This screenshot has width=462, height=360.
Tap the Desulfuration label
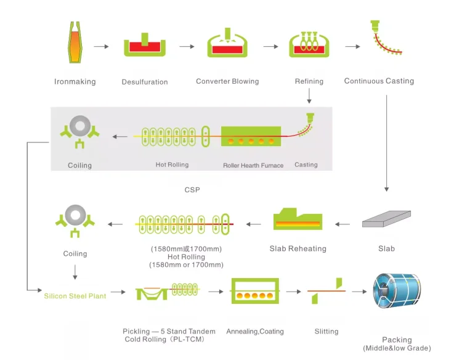coord(145,82)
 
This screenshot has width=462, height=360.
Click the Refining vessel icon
coord(309,44)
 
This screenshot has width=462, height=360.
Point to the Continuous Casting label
coord(379,81)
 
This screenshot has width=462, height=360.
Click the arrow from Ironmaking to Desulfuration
coord(102,47)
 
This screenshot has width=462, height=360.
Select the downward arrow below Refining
coord(309,96)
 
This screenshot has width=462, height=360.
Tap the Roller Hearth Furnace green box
coord(251,136)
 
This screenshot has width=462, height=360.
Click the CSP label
coord(192,190)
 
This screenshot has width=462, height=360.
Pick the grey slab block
coord(386,218)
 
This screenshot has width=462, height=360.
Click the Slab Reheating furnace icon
coord(298,219)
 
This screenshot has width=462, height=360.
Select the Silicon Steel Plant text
coord(75,296)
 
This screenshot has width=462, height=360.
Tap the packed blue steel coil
coord(397,291)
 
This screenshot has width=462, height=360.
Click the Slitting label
coord(326,332)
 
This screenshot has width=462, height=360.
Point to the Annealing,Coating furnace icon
coord(255,291)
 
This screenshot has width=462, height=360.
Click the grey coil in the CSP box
coord(80,126)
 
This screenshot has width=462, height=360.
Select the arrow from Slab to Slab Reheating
coord(342,224)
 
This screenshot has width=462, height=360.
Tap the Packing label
coord(397,340)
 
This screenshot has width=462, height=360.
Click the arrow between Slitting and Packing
coord(360,292)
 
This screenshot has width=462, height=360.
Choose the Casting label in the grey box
coord(306,165)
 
